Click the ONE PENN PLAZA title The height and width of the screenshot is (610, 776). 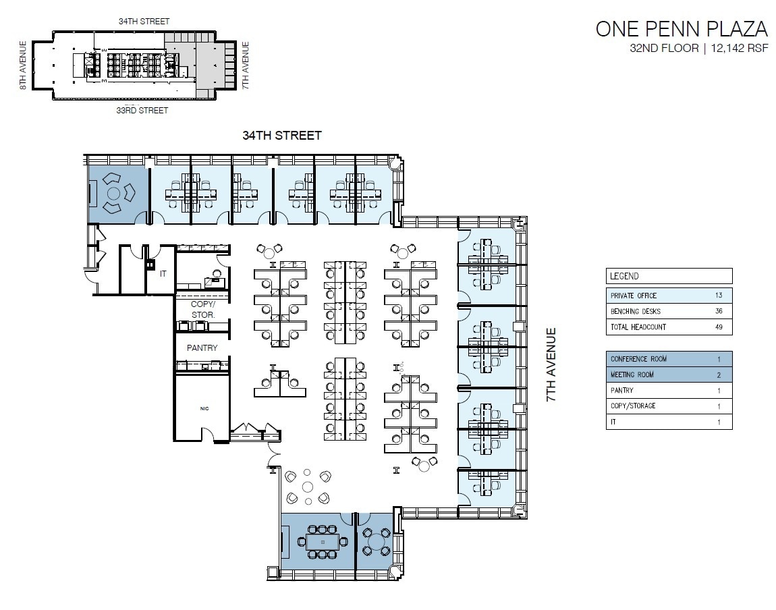click(x=681, y=29)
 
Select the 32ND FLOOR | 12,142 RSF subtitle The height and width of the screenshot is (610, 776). click(x=698, y=49)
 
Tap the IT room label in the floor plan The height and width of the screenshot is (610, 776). click(x=163, y=274)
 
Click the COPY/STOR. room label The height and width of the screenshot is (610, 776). click(x=203, y=310)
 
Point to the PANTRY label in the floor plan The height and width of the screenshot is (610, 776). click(x=202, y=348)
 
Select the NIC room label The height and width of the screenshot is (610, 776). click(x=203, y=408)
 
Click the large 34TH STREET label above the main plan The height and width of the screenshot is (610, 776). click(x=282, y=136)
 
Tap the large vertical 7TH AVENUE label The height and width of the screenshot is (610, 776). click(x=551, y=365)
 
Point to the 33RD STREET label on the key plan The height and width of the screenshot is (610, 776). click(x=142, y=110)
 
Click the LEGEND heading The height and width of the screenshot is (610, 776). click(x=624, y=276)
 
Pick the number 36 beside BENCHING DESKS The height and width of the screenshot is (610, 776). click(x=719, y=311)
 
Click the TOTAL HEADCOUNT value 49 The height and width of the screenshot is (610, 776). click(x=719, y=327)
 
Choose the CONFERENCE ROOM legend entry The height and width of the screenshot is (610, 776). click(x=638, y=359)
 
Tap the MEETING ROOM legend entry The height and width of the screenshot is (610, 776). click(x=632, y=375)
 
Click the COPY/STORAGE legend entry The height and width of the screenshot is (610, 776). click(x=633, y=406)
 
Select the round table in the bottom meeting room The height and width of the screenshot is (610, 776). click(x=375, y=540)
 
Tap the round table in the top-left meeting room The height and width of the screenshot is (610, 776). click(x=113, y=194)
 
